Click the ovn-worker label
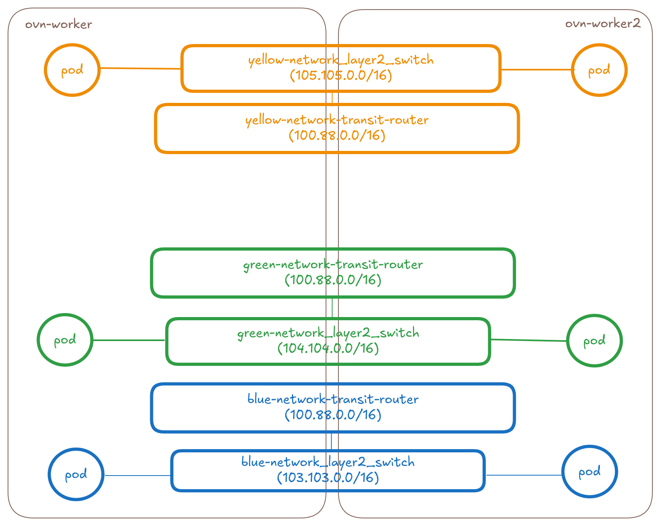(59, 24)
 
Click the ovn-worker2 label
(602, 24)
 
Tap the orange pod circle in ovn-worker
(72, 70)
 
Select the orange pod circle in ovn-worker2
(599, 70)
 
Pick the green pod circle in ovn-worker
(65, 340)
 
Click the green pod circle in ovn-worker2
(594, 341)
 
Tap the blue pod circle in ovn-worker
(76, 474)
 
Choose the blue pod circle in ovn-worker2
(590, 472)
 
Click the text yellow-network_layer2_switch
(341, 60)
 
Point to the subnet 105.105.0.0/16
(341, 75)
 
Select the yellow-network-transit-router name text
(337, 120)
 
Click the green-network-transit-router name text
(333, 265)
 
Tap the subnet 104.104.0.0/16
(328, 348)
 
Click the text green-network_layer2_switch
(328, 333)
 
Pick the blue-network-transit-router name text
(333, 400)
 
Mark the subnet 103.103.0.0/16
(328, 478)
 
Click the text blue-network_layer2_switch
(328, 462)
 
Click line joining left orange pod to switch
(140, 68)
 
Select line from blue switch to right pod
(523, 475)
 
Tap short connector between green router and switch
(332, 308)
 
